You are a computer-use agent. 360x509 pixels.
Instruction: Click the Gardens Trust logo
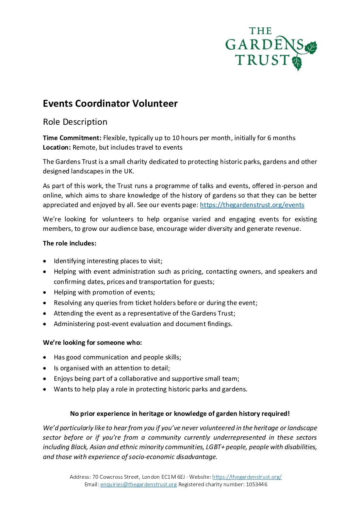(x=271, y=48)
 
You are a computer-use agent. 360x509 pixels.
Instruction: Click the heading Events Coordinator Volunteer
(x=110, y=103)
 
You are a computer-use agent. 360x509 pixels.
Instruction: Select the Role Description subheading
(x=75, y=122)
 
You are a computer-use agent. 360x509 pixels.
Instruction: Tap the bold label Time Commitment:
(x=72, y=138)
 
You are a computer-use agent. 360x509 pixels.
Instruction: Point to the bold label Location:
(x=57, y=147)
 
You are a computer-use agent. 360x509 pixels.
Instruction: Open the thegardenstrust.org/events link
(x=252, y=205)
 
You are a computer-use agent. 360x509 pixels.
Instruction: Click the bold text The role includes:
(x=69, y=243)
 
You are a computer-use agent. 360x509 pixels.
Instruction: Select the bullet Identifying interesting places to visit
(x=108, y=261)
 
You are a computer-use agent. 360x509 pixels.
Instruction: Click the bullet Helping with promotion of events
(x=104, y=292)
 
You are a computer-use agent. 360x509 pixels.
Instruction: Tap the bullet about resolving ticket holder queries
(x=155, y=303)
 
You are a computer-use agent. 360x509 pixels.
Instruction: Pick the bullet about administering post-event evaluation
(x=143, y=324)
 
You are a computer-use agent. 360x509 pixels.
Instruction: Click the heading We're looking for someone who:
(x=92, y=342)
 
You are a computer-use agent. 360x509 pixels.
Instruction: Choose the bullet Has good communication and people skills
(x=117, y=357)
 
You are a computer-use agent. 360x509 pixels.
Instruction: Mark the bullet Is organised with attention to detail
(x=112, y=368)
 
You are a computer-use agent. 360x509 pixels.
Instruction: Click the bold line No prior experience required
(x=180, y=413)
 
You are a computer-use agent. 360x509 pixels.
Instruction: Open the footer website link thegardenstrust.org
(x=247, y=477)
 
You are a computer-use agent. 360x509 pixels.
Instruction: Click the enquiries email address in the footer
(x=138, y=484)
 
